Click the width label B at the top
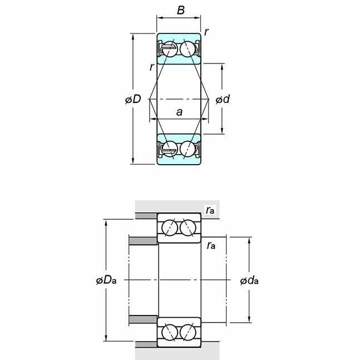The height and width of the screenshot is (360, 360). point(181,10)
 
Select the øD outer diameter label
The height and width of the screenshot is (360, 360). point(133,99)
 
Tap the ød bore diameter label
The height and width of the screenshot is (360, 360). point(223,99)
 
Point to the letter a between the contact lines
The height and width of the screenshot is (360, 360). point(179,112)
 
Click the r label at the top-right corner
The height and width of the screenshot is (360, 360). point(206,32)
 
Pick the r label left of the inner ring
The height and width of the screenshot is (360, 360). point(151,67)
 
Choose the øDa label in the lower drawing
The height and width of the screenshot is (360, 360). point(106,280)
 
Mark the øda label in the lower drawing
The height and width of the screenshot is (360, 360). point(249,280)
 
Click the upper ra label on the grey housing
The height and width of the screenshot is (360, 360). point(210,210)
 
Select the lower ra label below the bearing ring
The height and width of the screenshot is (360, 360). point(211,246)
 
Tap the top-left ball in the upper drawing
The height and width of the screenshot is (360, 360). point(170,49)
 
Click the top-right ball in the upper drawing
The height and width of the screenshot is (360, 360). point(188,49)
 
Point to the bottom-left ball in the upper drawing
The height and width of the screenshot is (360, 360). point(170,149)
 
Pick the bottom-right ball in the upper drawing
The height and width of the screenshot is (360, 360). point(188,149)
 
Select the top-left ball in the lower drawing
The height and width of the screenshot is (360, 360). point(170,228)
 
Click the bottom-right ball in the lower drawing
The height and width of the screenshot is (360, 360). point(188,332)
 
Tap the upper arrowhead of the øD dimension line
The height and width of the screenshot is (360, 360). point(133,37)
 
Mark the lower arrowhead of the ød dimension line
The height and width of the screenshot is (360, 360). point(222,130)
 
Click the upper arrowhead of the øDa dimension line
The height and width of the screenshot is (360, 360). point(106,223)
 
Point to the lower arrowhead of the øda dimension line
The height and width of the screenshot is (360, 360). point(249,319)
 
